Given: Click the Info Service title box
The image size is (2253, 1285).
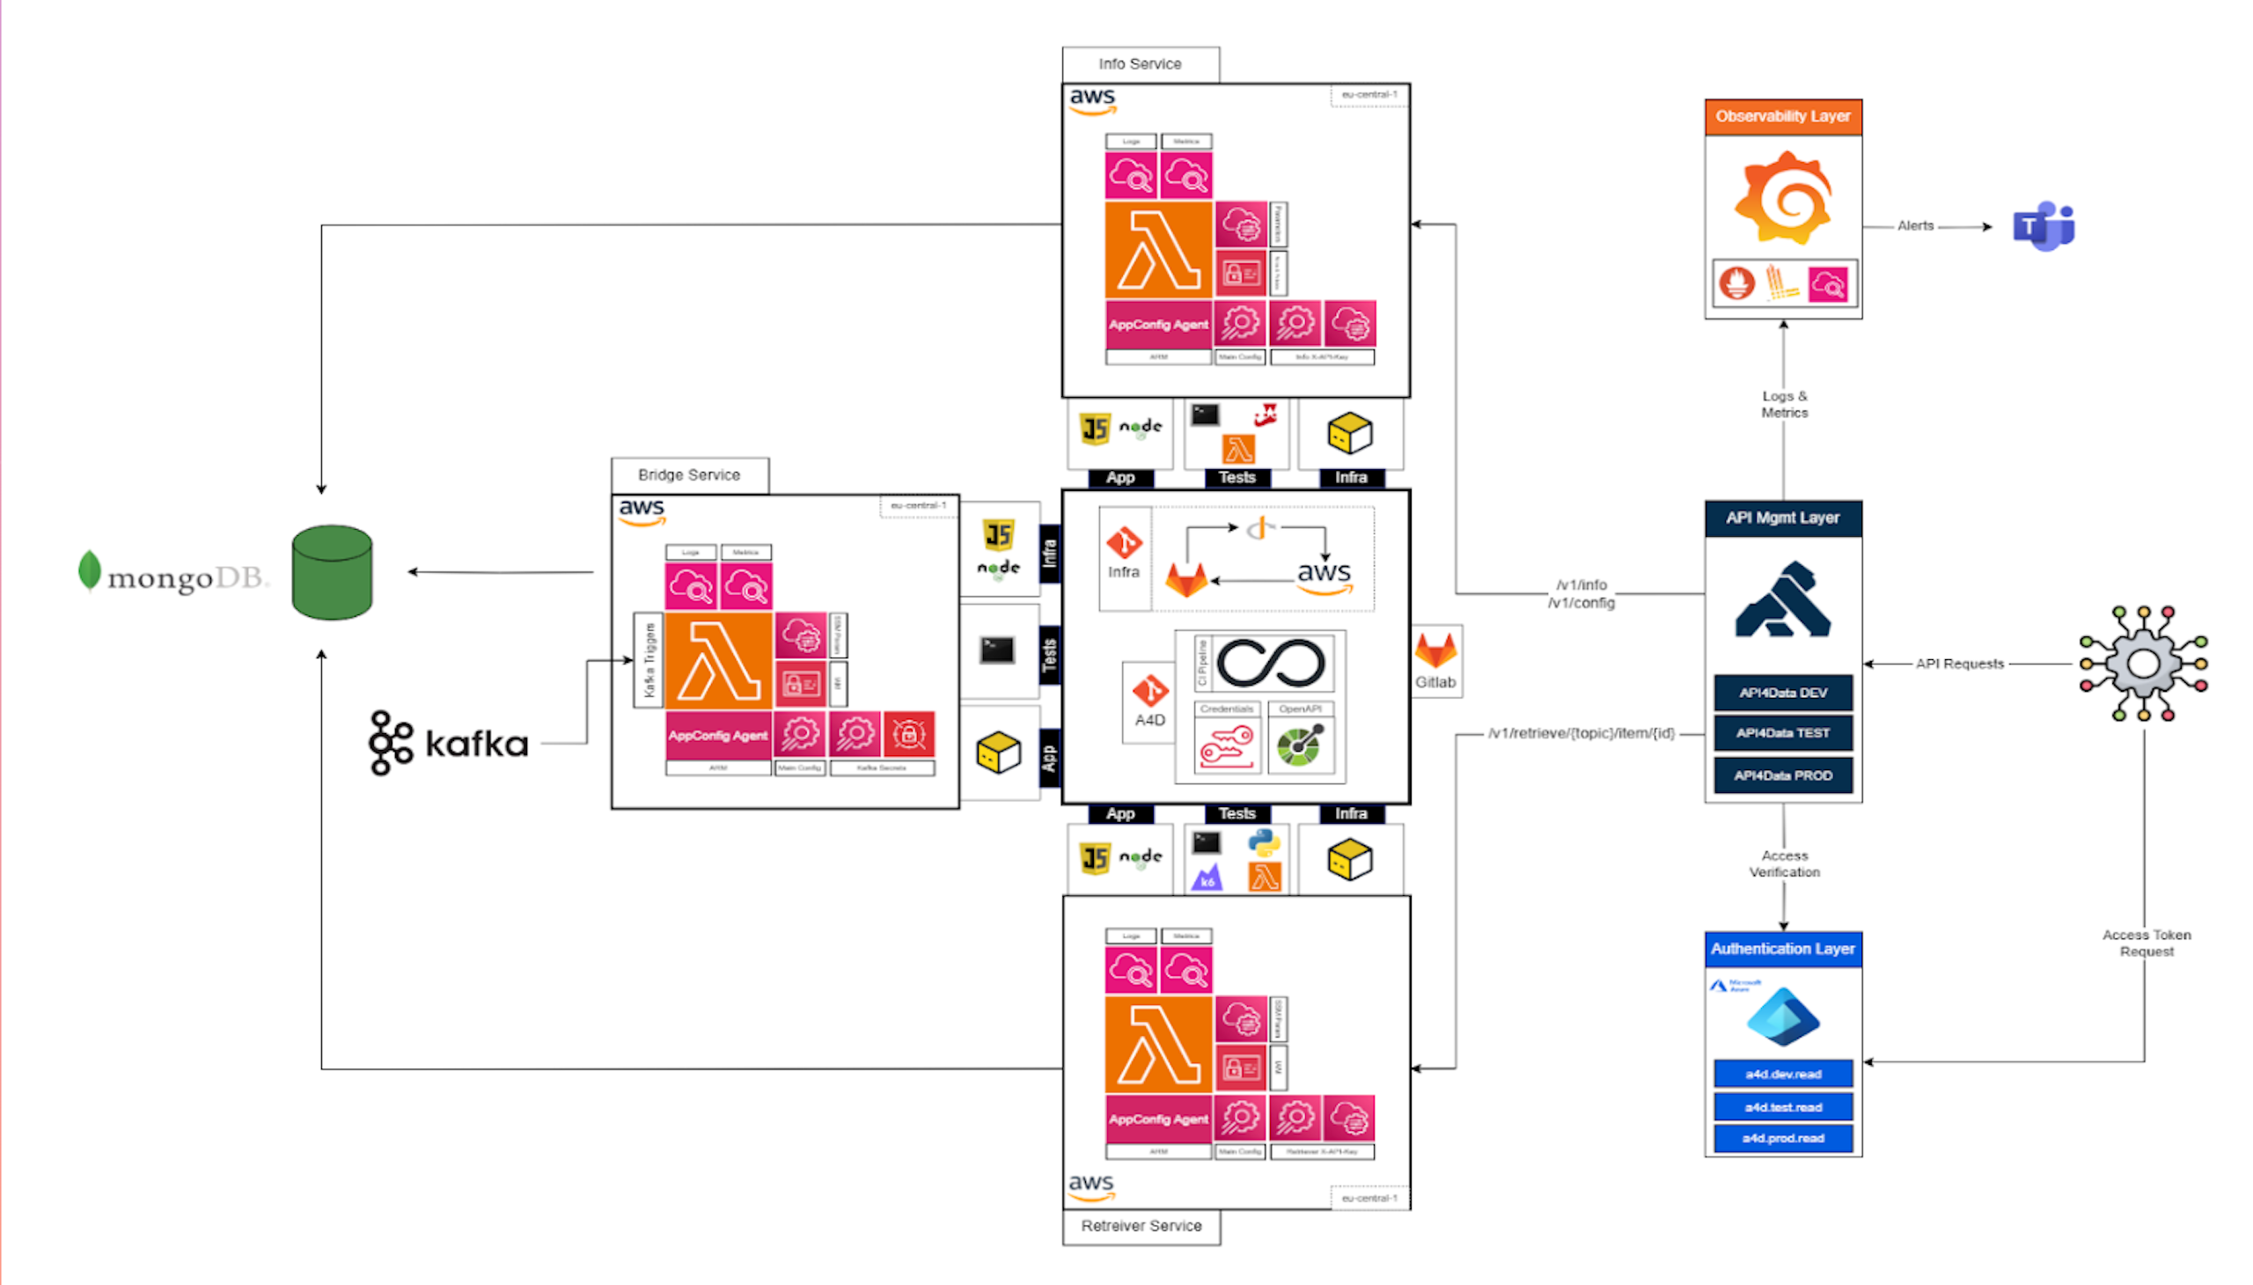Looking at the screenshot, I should coord(1140,64).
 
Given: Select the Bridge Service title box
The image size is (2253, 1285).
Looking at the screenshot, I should coord(688,474).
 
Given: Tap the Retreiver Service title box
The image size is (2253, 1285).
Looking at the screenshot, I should coord(1141,1226).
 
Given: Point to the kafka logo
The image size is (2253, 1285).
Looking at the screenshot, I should coord(448,743).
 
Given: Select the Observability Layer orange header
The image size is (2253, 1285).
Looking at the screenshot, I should coord(1782,116).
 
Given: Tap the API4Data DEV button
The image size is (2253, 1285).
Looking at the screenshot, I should coord(1782,693).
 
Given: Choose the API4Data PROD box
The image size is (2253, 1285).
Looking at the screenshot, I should coord(1782,775).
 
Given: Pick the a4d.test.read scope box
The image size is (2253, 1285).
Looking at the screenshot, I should coord(1782,1106).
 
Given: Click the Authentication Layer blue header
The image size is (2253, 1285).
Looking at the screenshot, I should coord(1782,949).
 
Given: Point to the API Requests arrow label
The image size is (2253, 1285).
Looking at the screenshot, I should coord(1958,664).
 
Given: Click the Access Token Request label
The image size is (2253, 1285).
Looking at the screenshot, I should coord(2146,943).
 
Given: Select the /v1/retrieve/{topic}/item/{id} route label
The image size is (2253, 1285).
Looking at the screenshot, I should coord(1580,733).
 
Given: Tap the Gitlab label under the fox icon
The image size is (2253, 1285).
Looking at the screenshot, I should coord(1435,682).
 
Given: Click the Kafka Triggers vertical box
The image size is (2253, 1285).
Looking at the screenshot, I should coord(649,660).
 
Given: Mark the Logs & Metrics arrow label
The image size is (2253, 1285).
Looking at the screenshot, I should coord(1784,404).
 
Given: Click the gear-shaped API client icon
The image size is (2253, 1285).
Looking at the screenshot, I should coord(2143,664).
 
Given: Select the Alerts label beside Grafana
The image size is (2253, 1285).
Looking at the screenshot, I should coord(1914,226).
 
